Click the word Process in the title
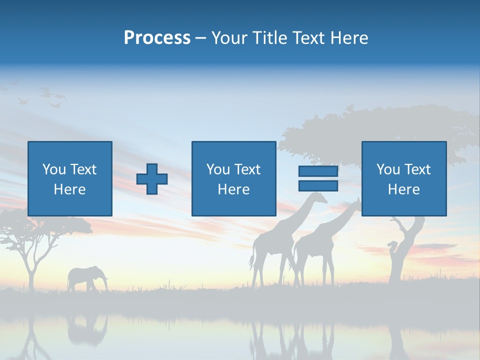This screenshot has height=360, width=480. (157, 38)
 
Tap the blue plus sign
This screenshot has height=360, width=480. (152, 179)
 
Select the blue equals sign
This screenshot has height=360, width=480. (318, 178)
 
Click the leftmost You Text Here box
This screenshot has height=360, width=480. (70, 178)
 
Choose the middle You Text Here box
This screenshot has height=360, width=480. (233, 178)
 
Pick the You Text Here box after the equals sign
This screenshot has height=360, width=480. (403, 178)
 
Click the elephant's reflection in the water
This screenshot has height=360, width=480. (86, 327)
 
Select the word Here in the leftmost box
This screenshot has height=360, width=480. (70, 189)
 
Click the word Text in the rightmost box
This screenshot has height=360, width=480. (417, 169)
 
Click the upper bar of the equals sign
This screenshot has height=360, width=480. (318, 171)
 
